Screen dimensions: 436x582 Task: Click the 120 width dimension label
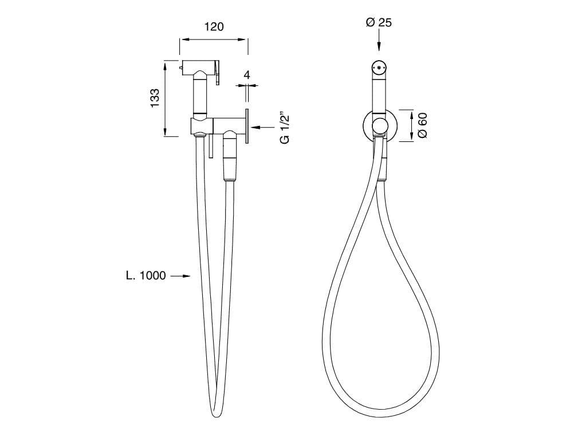pos(213,26)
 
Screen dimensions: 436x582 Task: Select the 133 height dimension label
pos(154,98)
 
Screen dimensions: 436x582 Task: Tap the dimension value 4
pos(246,75)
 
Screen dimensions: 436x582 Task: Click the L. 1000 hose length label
pos(146,276)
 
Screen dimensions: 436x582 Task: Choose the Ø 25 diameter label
pos(379,23)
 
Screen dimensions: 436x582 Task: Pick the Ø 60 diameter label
pos(423,125)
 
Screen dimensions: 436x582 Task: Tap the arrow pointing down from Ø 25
pos(379,42)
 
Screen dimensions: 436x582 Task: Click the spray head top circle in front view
pos(378,68)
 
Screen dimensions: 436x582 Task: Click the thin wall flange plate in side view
pos(247,126)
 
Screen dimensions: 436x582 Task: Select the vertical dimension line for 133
pos(166,98)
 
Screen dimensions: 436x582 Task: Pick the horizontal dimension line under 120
pos(213,39)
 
